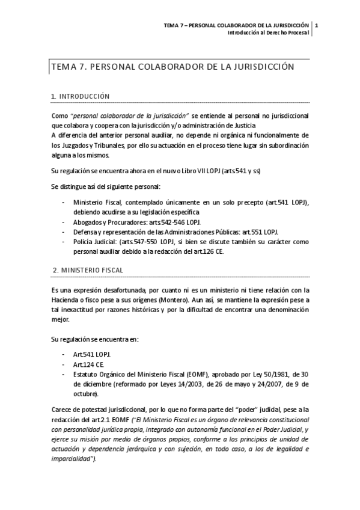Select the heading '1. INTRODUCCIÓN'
click(81, 96)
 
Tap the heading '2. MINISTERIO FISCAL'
click(87, 271)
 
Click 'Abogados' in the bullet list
click(88, 222)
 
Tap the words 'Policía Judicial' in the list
click(94, 241)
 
